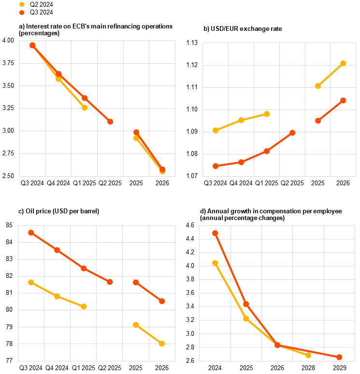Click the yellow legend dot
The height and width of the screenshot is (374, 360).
(x=22, y=4)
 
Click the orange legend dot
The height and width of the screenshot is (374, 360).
(x=22, y=13)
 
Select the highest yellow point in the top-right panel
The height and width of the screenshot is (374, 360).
(x=343, y=63)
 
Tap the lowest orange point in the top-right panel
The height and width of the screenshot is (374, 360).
(x=216, y=166)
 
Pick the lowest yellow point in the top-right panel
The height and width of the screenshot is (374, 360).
(x=216, y=130)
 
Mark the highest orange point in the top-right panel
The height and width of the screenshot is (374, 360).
(x=343, y=100)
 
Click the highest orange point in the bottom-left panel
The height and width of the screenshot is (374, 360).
(x=31, y=233)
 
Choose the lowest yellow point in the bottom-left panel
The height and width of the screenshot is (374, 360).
(x=162, y=344)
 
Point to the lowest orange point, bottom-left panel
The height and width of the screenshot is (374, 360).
(x=162, y=301)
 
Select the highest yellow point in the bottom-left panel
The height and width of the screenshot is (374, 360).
(x=31, y=282)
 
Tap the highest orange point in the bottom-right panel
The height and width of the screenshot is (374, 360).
(x=215, y=233)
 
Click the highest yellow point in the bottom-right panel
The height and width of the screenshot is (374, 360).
(x=215, y=263)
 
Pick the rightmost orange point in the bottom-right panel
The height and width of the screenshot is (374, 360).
(x=339, y=357)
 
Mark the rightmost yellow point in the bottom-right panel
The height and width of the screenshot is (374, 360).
(x=308, y=355)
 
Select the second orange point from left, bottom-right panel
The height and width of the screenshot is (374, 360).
(x=246, y=304)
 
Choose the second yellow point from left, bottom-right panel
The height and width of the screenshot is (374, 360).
(x=246, y=319)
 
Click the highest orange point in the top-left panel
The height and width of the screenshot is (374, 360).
(x=32, y=45)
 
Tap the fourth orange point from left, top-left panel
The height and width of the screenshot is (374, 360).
(x=110, y=122)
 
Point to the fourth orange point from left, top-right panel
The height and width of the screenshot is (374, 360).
(x=292, y=133)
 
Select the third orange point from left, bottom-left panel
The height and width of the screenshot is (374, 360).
(x=84, y=268)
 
